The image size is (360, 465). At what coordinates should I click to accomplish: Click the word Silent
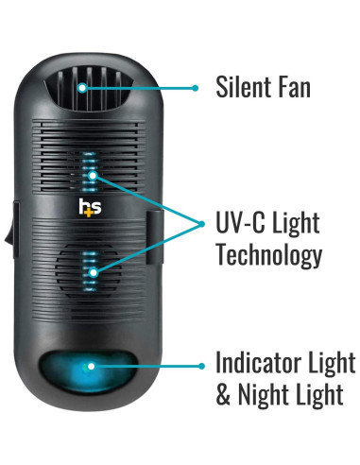(246, 88)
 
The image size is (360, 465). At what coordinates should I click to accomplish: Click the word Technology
(268, 255)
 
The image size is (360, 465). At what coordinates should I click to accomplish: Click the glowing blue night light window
(92, 365)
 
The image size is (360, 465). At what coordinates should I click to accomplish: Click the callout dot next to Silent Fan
(196, 88)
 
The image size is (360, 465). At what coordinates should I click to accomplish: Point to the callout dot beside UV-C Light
(202, 223)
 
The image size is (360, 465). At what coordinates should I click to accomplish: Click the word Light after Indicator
(331, 363)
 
